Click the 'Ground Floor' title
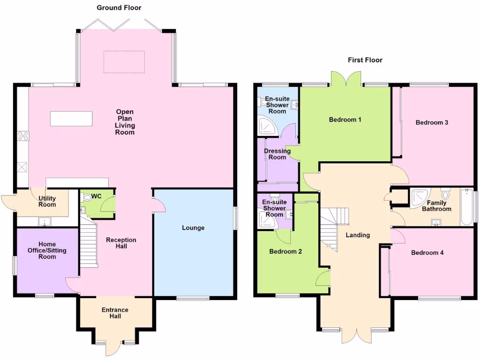(x=119, y=7)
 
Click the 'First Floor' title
(x=365, y=60)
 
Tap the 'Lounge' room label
(x=193, y=228)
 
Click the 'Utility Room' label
(x=47, y=202)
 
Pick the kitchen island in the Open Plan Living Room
(x=71, y=119)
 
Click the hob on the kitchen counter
(x=22, y=136)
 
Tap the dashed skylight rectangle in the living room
(x=124, y=62)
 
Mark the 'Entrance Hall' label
(x=115, y=313)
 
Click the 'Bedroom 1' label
(x=345, y=120)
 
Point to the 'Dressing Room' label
(x=277, y=154)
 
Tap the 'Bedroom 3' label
(x=432, y=122)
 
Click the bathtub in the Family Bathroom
(x=466, y=207)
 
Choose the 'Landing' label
(x=357, y=235)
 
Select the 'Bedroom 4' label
(x=427, y=253)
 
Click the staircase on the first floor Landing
(x=334, y=228)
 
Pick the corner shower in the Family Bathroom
(x=419, y=197)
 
